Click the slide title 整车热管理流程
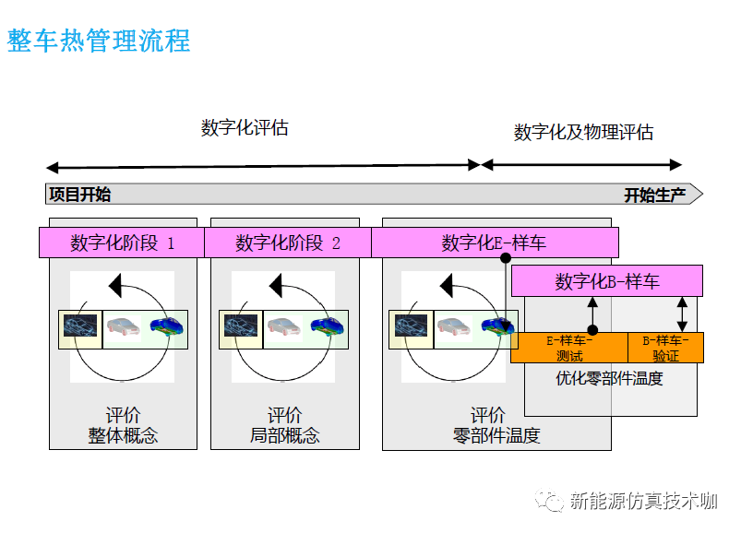pyautogui.click(x=99, y=41)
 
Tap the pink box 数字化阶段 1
pyautogui.click(x=122, y=243)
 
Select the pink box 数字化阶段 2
pyautogui.click(x=288, y=243)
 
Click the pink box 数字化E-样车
pyautogui.click(x=494, y=243)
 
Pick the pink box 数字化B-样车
pyautogui.click(x=607, y=281)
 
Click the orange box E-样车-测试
pyautogui.click(x=569, y=348)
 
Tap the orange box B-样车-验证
pyautogui.click(x=665, y=348)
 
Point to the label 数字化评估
pyautogui.click(x=245, y=128)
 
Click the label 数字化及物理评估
pyautogui.click(x=583, y=133)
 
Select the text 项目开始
pyautogui.click(x=79, y=195)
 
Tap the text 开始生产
pyautogui.click(x=655, y=195)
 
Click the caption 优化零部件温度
pyautogui.click(x=609, y=378)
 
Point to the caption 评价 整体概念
pyautogui.click(x=123, y=425)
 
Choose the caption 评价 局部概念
pyautogui.click(x=284, y=425)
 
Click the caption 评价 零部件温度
pyautogui.click(x=496, y=425)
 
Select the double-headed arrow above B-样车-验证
pyautogui.click(x=682, y=314)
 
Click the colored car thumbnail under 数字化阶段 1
pyautogui.click(x=167, y=326)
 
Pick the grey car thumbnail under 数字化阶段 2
pyautogui.click(x=284, y=326)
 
